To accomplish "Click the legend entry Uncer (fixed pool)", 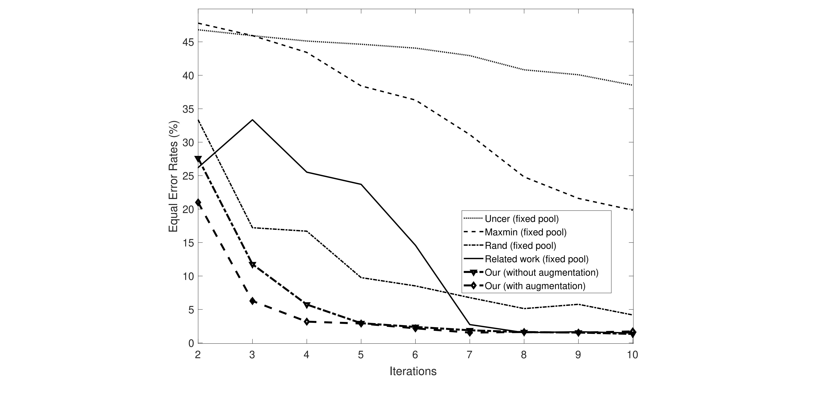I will pyautogui.click(x=522, y=219).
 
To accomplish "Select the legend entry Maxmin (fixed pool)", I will pyautogui.click(x=526, y=232).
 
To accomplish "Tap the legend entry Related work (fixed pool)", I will pyautogui.click(x=537, y=259).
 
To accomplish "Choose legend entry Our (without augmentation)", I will pyautogui.click(x=541, y=272).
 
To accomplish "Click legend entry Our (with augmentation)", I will pyautogui.click(x=535, y=286).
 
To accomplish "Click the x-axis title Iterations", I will pyautogui.click(x=413, y=371).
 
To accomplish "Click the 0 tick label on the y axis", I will pyautogui.click(x=191, y=343).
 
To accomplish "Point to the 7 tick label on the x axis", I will pyautogui.click(x=469, y=355).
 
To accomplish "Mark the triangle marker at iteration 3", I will pyautogui.click(x=252, y=265).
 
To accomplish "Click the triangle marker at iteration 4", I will pyautogui.click(x=307, y=305).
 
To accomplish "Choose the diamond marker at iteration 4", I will pyautogui.click(x=307, y=322).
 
